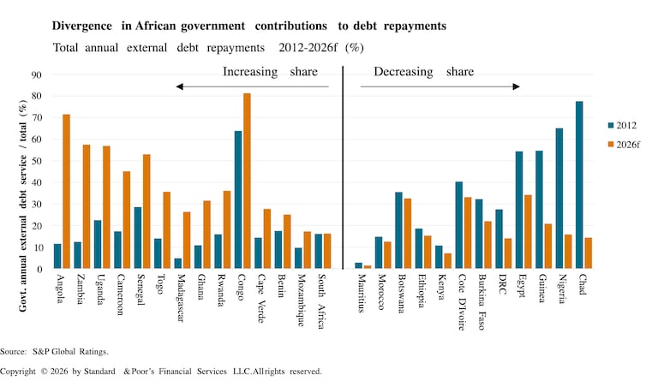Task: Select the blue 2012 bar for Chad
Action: tap(578, 185)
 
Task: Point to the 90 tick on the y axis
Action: tap(37, 74)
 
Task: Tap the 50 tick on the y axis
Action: tap(37, 161)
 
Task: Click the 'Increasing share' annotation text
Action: tap(262, 72)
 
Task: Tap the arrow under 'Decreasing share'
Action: tap(440, 86)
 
